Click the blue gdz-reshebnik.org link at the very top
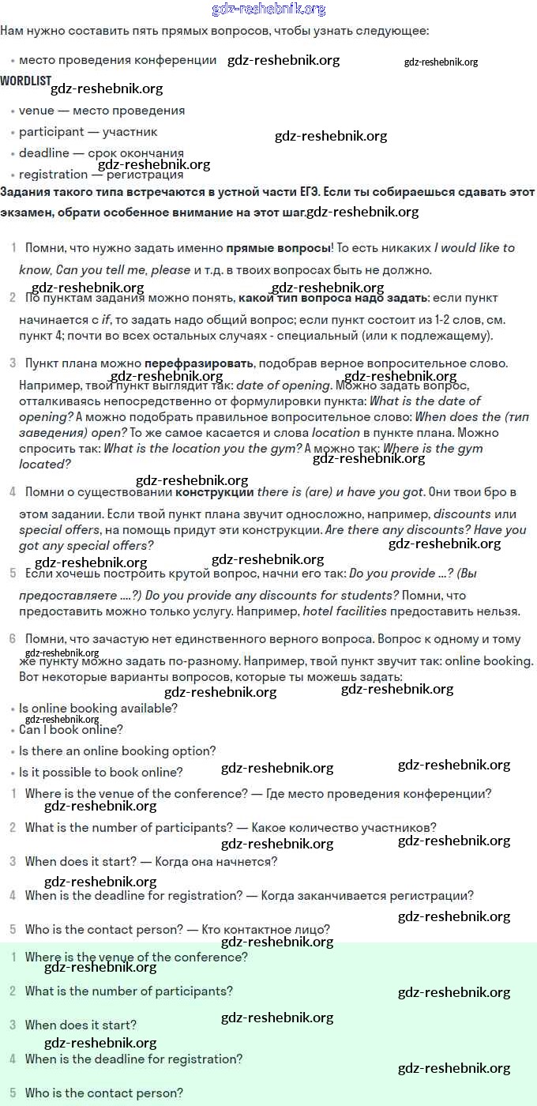tap(268, 9)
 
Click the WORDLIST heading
tap(25, 81)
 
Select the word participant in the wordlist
tap(51, 132)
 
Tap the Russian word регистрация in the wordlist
tap(146, 175)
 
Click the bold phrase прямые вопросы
tap(278, 248)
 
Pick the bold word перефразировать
tap(199, 363)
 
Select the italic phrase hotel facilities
tap(344, 611)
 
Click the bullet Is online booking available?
tap(98, 709)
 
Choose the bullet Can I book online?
tap(71, 730)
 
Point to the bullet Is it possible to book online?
tap(101, 773)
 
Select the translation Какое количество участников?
tap(344, 828)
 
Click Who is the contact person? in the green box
tap(104, 1093)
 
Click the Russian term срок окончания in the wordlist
tap(140, 153)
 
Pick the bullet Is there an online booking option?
tap(117, 751)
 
